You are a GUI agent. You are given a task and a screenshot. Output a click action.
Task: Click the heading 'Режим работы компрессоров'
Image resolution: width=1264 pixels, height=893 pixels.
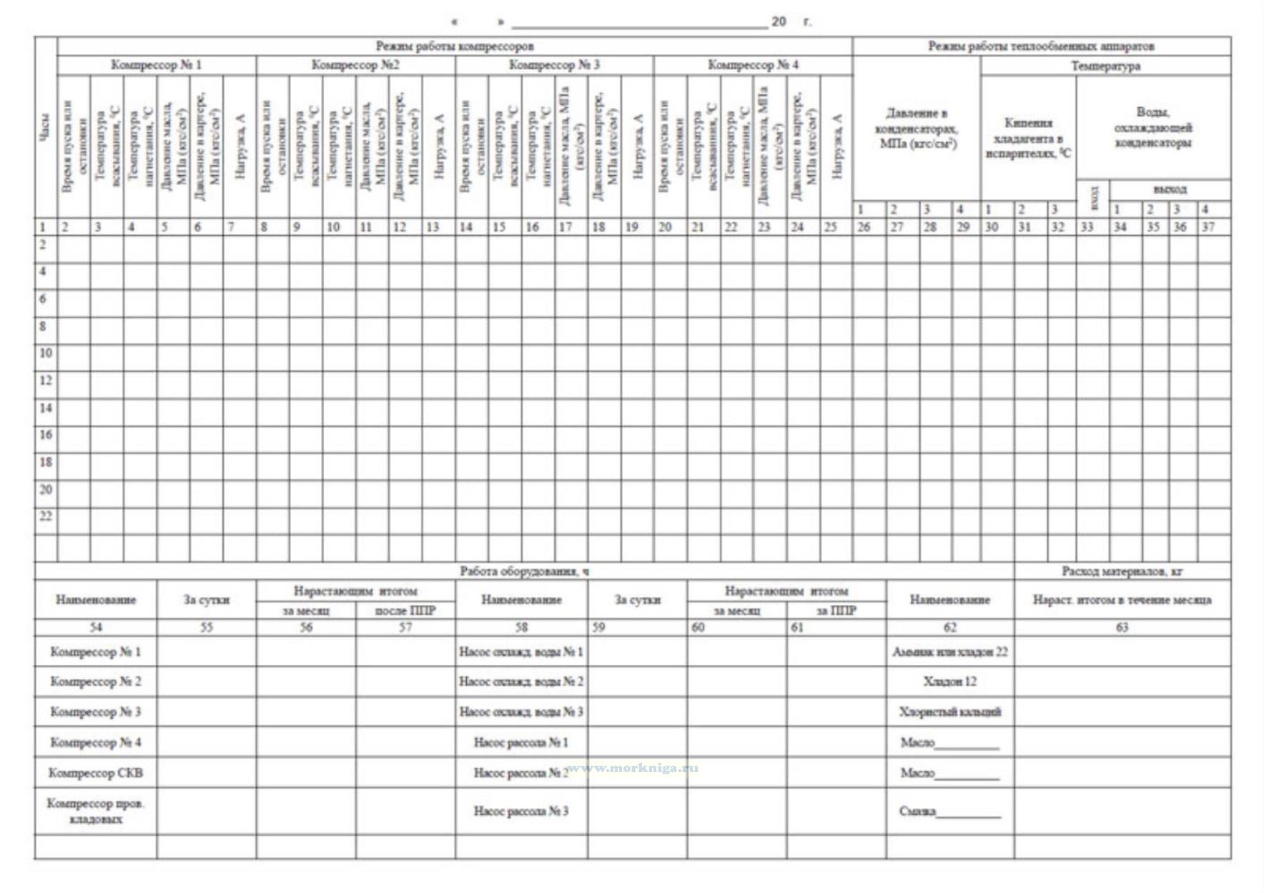(455, 46)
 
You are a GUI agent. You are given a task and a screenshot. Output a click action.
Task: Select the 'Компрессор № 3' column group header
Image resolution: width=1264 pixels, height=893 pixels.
(554, 65)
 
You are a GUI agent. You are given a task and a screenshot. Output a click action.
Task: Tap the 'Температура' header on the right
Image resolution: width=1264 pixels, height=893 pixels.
(1105, 66)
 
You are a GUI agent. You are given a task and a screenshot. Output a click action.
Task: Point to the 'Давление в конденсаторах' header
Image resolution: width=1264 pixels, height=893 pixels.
(917, 129)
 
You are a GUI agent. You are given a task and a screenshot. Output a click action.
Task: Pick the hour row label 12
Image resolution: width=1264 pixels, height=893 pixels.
(46, 380)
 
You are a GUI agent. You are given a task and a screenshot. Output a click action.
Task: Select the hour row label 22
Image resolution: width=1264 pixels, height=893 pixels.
(46, 516)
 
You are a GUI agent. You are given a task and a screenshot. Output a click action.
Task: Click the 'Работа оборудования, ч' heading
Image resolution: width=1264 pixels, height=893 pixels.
(524, 571)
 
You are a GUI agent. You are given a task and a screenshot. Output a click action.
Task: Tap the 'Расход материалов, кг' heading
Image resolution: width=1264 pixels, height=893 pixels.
(1122, 571)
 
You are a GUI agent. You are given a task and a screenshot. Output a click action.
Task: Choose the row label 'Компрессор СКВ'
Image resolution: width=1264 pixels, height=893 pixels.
(95, 773)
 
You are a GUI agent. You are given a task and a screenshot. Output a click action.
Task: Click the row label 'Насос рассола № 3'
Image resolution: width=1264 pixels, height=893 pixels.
(521, 811)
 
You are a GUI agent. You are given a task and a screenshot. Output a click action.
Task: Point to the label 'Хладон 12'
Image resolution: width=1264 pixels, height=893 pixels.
(949, 681)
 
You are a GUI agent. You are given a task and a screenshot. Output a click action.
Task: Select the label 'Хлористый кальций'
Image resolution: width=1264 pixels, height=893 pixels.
(949, 712)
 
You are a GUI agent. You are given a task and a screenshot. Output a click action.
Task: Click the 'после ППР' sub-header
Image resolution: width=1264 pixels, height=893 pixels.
(405, 611)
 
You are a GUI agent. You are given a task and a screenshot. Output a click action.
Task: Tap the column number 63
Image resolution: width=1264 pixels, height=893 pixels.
(1122, 627)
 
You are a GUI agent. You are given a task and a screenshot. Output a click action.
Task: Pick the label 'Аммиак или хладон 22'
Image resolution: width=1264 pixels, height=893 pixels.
(949, 652)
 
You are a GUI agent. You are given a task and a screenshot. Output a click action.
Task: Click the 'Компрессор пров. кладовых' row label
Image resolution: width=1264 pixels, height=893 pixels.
(95, 811)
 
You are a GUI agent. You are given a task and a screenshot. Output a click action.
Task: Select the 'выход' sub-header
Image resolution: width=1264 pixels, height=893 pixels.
(1170, 189)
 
